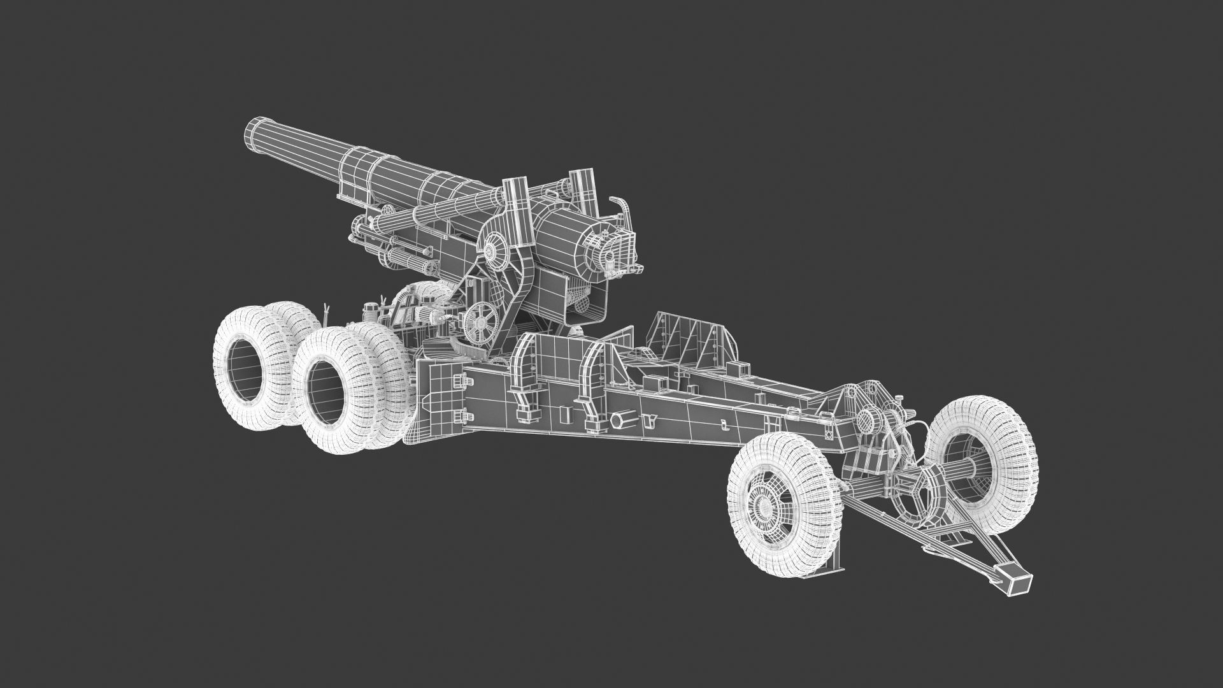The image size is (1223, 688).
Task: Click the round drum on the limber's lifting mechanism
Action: click(x=869, y=421)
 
